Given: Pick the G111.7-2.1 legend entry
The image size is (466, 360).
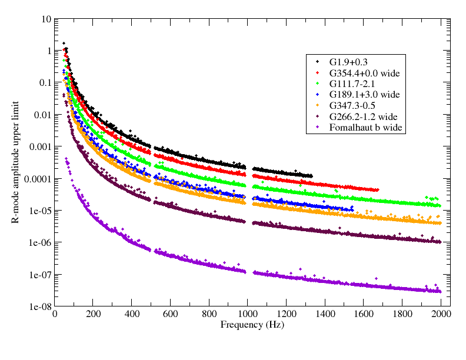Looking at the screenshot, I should (351, 83).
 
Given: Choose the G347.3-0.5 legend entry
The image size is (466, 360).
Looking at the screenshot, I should (351, 105).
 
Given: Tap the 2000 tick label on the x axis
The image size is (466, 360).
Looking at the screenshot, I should (441, 314).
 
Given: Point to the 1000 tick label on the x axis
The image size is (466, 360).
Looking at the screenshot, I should (248, 314).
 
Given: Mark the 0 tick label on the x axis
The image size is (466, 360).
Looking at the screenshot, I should (54, 314).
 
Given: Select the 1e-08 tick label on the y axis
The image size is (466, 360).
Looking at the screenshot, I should (39, 306).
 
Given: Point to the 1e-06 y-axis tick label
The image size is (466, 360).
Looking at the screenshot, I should (39, 242).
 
